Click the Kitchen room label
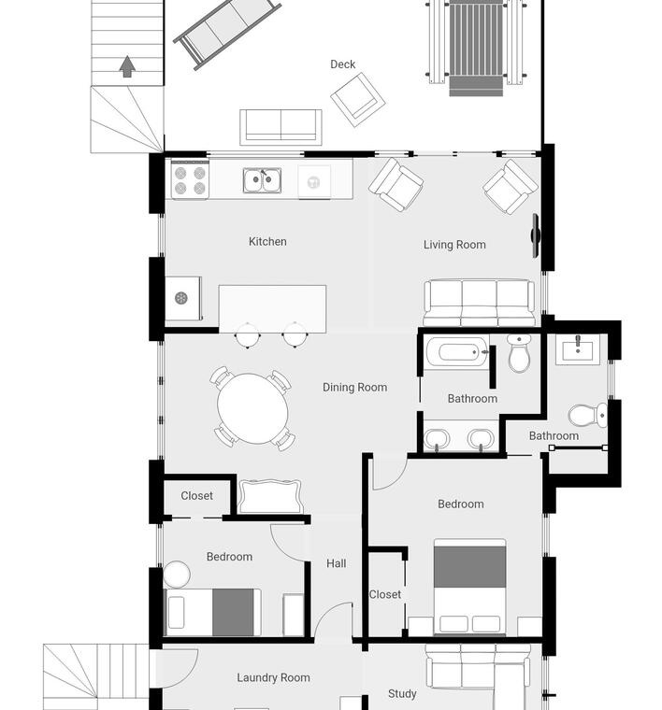click(267, 241)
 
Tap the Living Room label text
click(454, 245)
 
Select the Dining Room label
click(354, 387)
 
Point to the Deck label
click(342, 64)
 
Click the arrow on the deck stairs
click(127, 66)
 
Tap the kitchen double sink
click(262, 180)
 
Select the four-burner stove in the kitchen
click(190, 179)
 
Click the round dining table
click(252, 408)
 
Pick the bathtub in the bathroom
click(456, 352)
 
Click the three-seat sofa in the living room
click(479, 303)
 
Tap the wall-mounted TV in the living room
click(535, 235)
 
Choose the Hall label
click(337, 563)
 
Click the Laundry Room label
click(273, 677)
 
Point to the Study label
click(402, 694)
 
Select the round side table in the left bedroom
click(177, 575)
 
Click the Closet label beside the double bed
click(384, 594)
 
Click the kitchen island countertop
click(272, 309)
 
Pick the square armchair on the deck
click(358, 100)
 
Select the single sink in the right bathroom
click(577, 349)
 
